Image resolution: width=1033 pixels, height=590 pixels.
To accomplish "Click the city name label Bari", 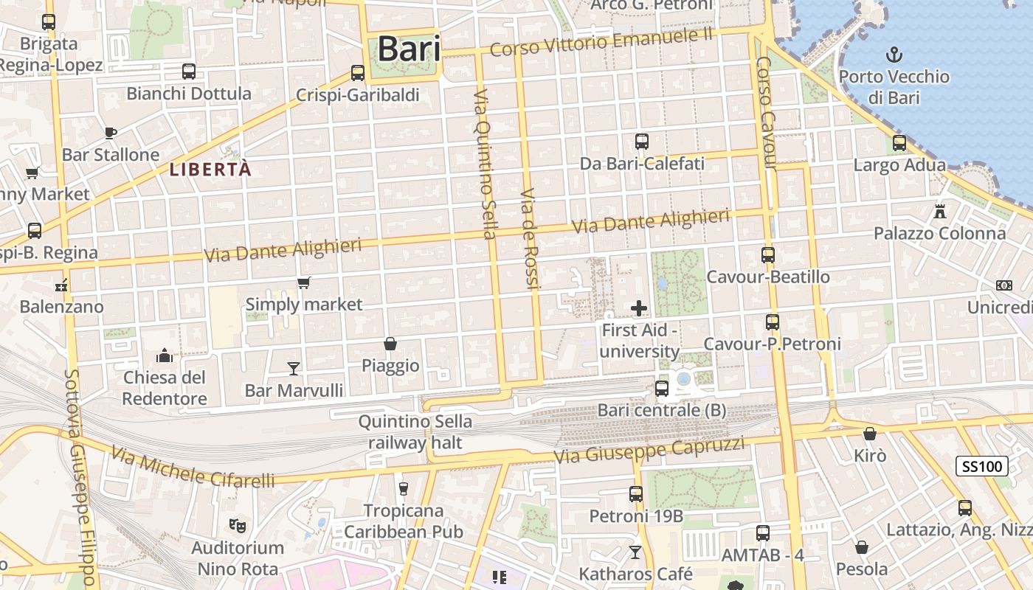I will (409, 49).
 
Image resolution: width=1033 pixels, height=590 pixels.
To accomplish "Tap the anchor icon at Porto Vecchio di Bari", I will (894, 54).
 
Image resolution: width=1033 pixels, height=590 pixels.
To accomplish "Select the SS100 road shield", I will (982, 466).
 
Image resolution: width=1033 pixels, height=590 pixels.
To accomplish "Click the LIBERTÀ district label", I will (210, 170).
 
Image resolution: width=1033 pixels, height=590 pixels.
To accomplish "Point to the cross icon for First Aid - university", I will (639, 308).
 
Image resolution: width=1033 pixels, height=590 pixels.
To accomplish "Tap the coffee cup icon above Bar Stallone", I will (111, 133).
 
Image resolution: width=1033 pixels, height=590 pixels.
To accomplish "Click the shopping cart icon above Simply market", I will (303, 282).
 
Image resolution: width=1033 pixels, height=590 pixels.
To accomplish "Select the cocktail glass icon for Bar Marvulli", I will (294, 368).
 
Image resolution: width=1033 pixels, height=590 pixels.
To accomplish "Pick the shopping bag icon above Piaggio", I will (390, 344).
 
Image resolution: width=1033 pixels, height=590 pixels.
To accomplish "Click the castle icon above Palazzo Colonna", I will (939, 212).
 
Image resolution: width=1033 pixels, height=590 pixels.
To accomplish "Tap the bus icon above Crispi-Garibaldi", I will (358, 72).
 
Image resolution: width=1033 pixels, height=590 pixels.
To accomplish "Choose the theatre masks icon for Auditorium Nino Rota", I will (237, 526).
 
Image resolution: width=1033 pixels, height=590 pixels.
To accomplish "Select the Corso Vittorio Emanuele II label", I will (601, 43).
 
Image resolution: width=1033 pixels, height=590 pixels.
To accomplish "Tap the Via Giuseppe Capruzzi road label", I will (649, 450).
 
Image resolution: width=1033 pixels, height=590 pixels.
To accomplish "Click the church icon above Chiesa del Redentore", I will (165, 356).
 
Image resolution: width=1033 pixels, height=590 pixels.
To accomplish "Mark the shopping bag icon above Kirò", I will (870, 434).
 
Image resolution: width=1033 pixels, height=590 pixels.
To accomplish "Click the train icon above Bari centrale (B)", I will (662, 388).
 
